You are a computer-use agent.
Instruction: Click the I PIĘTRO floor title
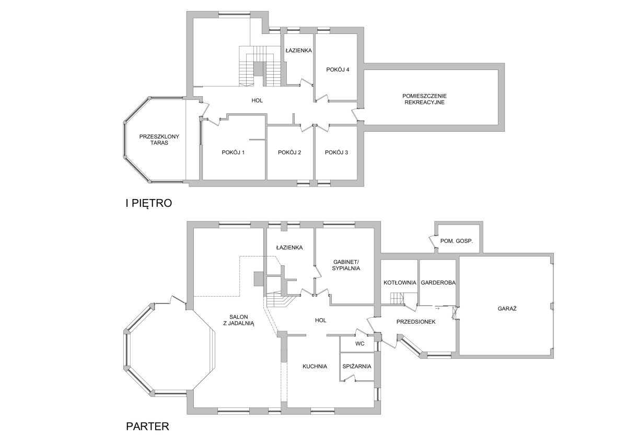(x=148, y=203)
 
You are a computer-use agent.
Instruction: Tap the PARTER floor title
(x=147, y=426)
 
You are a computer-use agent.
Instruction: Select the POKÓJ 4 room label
(x=338, y=69)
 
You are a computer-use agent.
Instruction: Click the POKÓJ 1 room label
(x=233, y=153)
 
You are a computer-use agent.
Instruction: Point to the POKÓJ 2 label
(x=289, y=153)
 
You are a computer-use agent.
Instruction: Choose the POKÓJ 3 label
(x=336, y=153)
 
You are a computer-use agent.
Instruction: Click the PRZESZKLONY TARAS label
(x=159, y=139)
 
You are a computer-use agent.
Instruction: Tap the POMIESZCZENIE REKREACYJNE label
(x=424, y=99)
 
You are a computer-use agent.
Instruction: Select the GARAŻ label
(x=507, y=309)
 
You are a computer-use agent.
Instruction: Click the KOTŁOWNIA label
(x=400, y=283)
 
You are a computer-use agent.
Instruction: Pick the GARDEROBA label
(x=438, y=283)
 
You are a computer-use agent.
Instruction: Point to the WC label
(x=360, y=343)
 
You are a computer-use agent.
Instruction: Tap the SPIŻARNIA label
(x=357, y=366)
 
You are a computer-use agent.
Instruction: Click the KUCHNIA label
(x=315, y=366)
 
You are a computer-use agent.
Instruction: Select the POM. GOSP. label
(x=457, y=241)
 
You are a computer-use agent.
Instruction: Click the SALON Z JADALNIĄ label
(x=239, y=320)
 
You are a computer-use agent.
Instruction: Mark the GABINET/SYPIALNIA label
(x=346, y=265)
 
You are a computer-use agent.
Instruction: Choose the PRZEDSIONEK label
(x=416, y=322)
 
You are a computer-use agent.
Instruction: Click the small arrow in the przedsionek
(x=437, y=309)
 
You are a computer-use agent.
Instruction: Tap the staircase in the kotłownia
(x=398, y=299)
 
